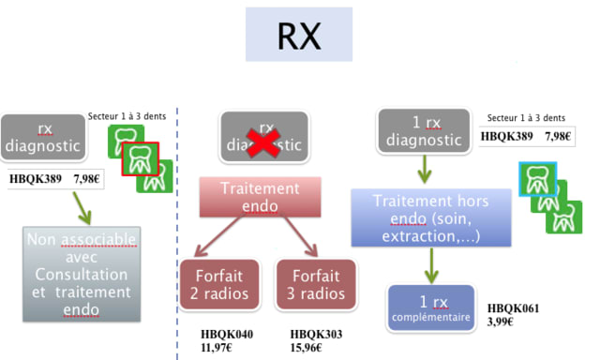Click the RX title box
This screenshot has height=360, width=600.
(x=299, y=35)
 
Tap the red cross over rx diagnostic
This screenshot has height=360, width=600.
(x=263, y=143)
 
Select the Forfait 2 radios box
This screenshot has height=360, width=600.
(x=219, y=285)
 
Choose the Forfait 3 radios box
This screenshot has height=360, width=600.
(x=316, y=285)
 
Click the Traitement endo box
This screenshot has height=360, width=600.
(x=261, y=197)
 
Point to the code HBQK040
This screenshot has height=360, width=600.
(x=227, y=335)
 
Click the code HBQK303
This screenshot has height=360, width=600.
(x=316, y=335)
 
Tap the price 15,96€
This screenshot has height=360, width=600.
(x=306, y=348)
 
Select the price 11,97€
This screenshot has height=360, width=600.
(x=217, y=348)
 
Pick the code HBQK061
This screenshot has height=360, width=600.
(x=513, y=308)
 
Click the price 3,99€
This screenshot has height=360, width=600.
(x=500, y=322)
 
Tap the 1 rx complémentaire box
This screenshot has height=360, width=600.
(x=431, y=308)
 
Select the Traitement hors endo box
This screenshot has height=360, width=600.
(x=431, y=217)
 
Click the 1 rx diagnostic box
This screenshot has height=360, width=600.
(x=424, y=131)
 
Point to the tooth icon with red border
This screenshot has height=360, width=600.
(x=141, y=159)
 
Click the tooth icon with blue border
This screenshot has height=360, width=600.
(x=537, y=179)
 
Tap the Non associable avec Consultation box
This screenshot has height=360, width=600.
(x=82, y=275)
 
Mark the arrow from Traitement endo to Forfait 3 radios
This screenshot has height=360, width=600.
(x=301, y=236)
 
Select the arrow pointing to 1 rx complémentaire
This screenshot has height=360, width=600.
(x=431, y=266)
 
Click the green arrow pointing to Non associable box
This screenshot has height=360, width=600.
(x=82, y=208)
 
